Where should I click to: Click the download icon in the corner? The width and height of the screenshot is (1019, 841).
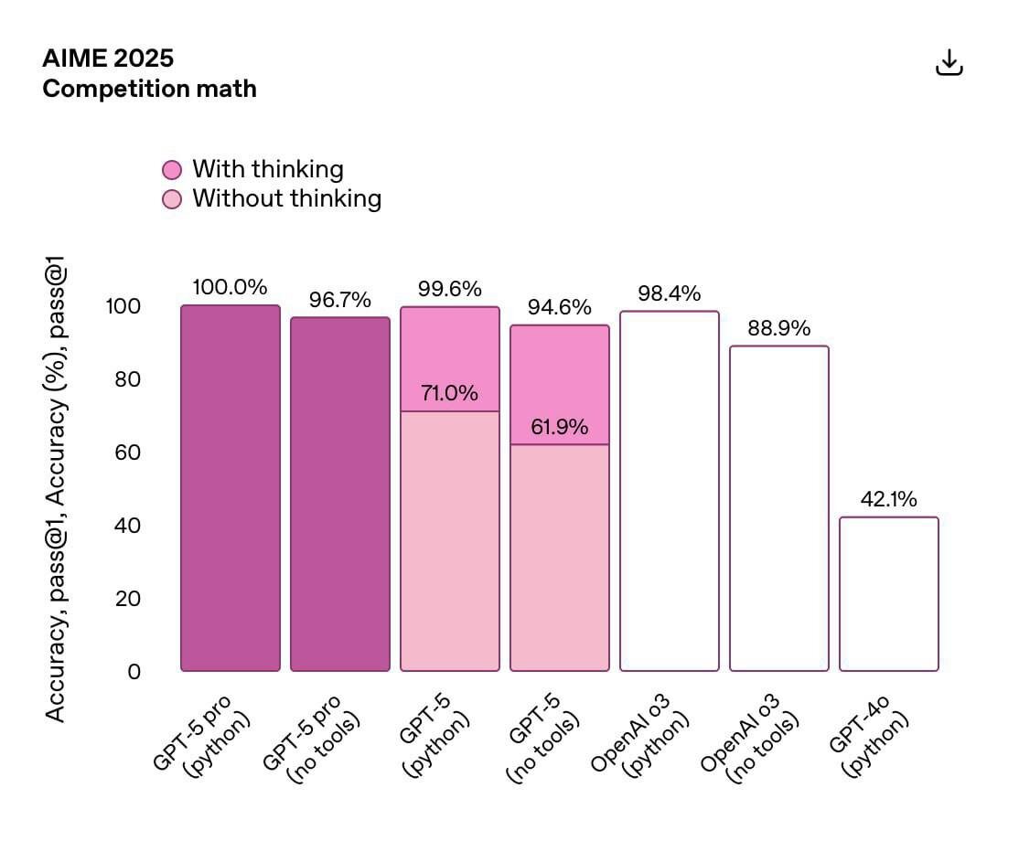(x=949, y=63)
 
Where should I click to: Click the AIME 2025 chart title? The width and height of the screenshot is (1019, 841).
(x=108, y=59)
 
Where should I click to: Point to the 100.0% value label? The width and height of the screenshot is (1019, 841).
(x=230, y=286)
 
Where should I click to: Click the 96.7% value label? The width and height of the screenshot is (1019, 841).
(x=340, y=299)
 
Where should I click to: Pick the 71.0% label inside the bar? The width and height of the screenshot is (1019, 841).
(x=449, y=394)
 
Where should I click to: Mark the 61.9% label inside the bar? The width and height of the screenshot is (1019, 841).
(x=559, y=427)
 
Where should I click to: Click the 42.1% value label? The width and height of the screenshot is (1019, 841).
(x=888, y=499)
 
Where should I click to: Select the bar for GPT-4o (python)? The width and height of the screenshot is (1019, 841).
(x=888, y=594)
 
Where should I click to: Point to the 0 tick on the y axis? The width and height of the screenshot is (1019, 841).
(x=134, y=672)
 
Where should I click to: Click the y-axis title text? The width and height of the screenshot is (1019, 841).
(x=57, y=494)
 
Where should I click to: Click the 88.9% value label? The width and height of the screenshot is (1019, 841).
(x=778, y=328)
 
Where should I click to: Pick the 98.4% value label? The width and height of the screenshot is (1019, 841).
(x=669, y=293)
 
